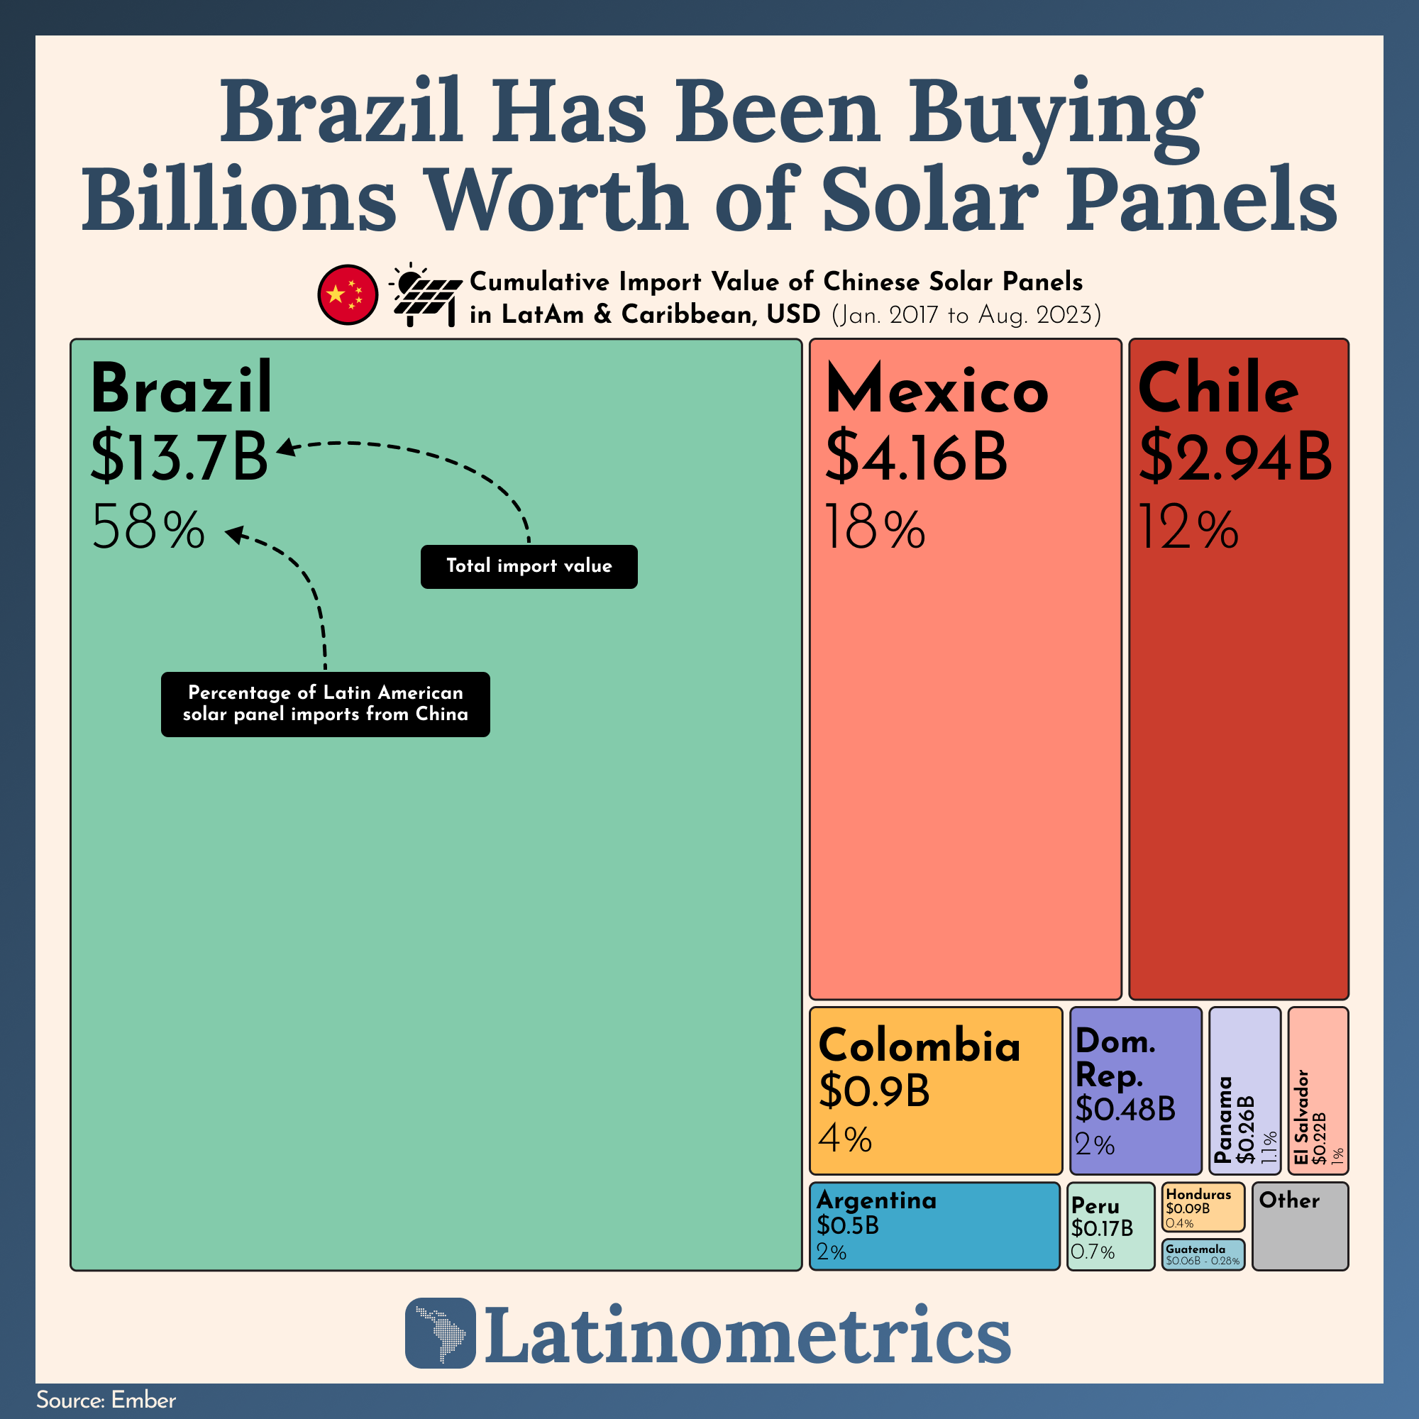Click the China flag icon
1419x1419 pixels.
348,294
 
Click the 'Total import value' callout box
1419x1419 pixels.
529,566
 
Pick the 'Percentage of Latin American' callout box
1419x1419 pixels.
326,704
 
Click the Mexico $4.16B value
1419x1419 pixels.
916,457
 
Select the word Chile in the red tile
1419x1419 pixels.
1218,390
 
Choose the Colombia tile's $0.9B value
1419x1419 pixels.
874,1091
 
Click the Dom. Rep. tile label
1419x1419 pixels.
1114,1059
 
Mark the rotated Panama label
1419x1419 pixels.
1223,1120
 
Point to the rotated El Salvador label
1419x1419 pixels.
1301,1116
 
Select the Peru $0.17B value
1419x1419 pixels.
1102,1228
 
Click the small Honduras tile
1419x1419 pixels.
1203,1207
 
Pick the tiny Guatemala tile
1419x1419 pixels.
1203,1254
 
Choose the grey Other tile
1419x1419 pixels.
1300,1226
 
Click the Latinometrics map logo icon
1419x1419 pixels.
440,1333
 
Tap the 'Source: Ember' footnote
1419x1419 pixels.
106,1400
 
